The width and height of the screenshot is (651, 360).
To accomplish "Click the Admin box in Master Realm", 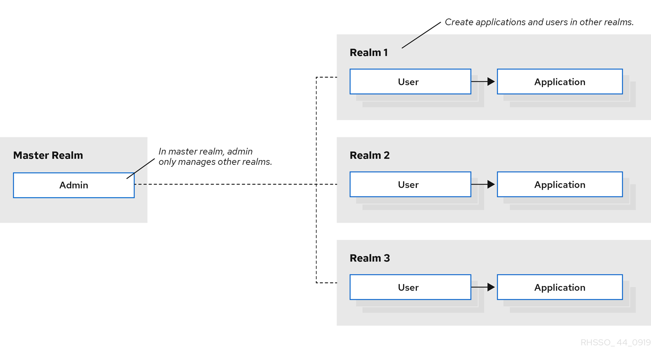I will pos(74,185).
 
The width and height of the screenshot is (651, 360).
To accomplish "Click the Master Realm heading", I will pos(48,155).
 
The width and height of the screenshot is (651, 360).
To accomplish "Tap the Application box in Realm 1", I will pos(559,81).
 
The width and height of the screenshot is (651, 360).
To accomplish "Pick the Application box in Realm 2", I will pos(559,184).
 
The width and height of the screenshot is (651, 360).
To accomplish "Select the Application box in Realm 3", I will pos(559,287).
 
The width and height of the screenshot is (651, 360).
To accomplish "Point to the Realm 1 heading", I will pos(369,53).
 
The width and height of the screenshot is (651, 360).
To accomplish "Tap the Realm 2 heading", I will pos(370,155).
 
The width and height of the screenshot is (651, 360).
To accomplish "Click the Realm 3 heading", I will pos(370,258).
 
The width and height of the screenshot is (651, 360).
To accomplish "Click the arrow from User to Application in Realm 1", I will pos(483,81).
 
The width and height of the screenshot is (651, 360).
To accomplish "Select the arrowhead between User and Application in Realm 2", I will pos(491,184).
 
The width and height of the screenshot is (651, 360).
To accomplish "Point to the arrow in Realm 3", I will pos(483,287).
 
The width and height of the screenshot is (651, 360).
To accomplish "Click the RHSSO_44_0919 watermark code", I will pos(615,342).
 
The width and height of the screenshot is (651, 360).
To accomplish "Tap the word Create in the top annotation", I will pos(459,22).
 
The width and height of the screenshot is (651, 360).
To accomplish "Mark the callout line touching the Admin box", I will pos(141,168).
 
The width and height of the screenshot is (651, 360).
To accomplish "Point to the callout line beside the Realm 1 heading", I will pos(421,35).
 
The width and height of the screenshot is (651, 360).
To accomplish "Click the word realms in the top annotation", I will pos(619,22).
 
